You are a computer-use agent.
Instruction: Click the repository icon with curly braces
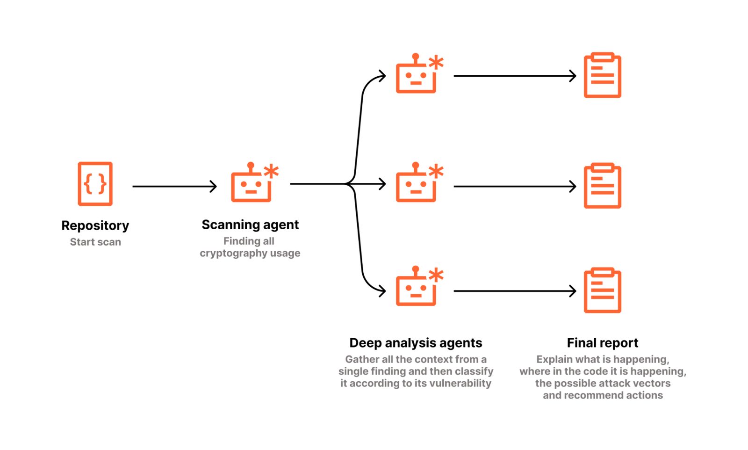[x=95, y=184]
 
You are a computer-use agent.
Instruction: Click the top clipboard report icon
[x=603, y=75]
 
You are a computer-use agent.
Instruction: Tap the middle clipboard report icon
[x=603, y=185]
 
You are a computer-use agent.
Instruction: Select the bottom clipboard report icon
[x=603, y=290]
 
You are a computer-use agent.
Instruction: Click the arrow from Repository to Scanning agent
[x=175, y=186]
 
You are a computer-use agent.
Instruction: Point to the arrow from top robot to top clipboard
[x=515, y=76]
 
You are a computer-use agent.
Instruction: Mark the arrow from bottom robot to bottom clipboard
[x=515, y=291]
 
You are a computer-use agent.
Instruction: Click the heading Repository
[x=95, y=226]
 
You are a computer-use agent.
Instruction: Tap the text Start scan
[x=95, y=242]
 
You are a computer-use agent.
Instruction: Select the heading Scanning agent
[x=250, y=225]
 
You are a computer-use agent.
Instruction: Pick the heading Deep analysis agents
[x=416, y=343]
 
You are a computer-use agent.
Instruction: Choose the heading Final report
[x=603, y=343]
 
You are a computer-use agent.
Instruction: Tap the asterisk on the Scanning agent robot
[x=271, y=171]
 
